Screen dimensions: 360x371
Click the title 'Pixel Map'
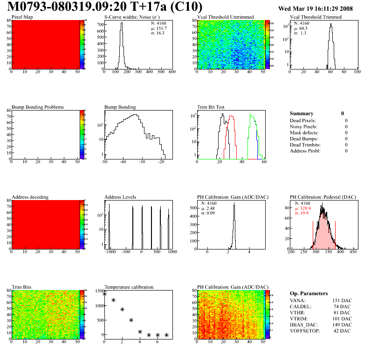pyautogui.click(x=21, y=17)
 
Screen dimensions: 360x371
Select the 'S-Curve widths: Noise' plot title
pyautogui.click(x=132, y=17)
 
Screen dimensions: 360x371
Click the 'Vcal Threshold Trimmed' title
pyautogui.click(x=316, y=17)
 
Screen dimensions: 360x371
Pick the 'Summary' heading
pyautogui.click(x=302, y=113)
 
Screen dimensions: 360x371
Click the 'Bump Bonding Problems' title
pyautogui.click(x=38, y=107)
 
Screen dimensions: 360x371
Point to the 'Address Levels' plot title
pyautogui.click(x=120, y=197)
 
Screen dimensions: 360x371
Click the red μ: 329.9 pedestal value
pyautogui.click(x=303, y=209)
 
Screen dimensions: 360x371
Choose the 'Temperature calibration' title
pyautogui.click(x=129, y=287)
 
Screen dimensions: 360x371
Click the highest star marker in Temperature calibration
pyautogui.click(x=105, y=294)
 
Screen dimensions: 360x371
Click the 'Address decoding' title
pyautogui.click(x=30, y=197)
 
